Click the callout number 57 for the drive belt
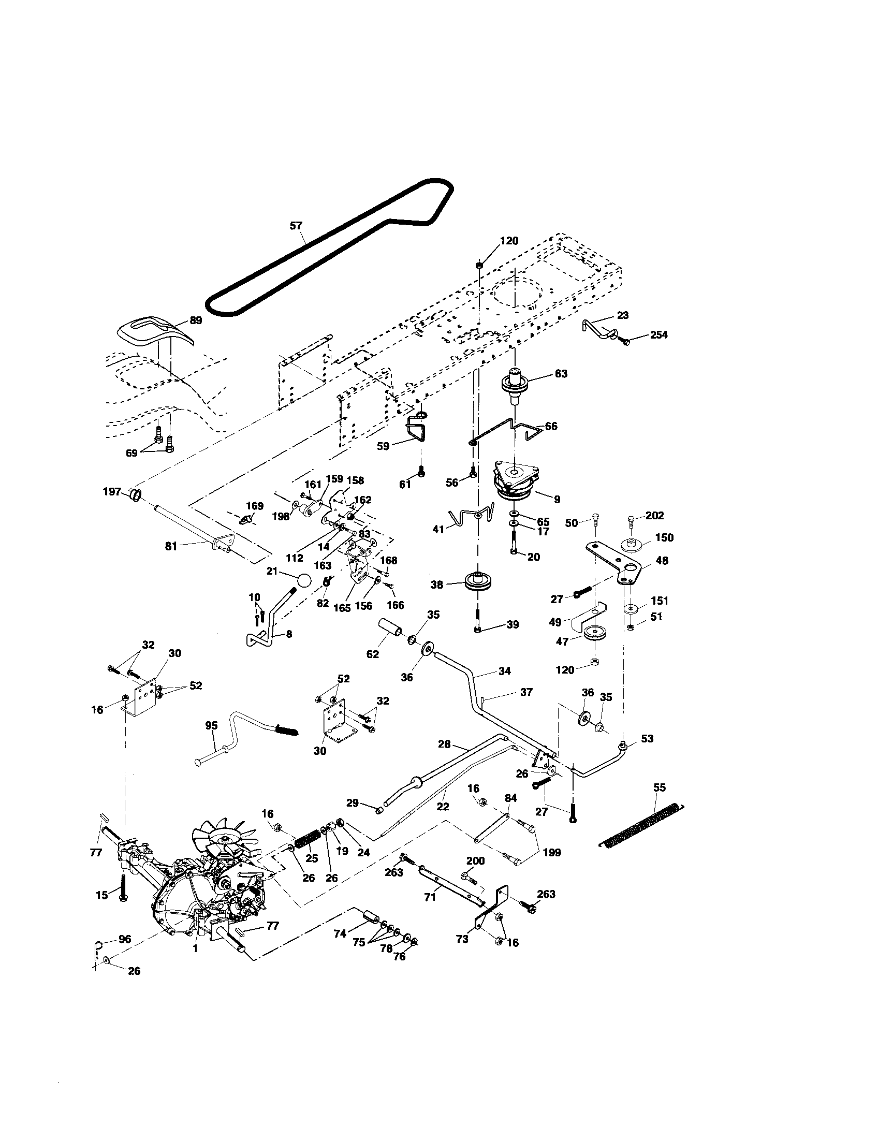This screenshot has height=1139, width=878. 296,226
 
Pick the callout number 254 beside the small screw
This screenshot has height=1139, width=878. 658,335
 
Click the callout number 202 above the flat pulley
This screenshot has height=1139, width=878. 655,515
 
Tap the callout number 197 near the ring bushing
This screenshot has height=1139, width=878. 112,491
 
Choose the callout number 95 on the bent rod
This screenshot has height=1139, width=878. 211,725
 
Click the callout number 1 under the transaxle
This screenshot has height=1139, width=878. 195,949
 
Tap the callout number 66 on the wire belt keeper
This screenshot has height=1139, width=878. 551,426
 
